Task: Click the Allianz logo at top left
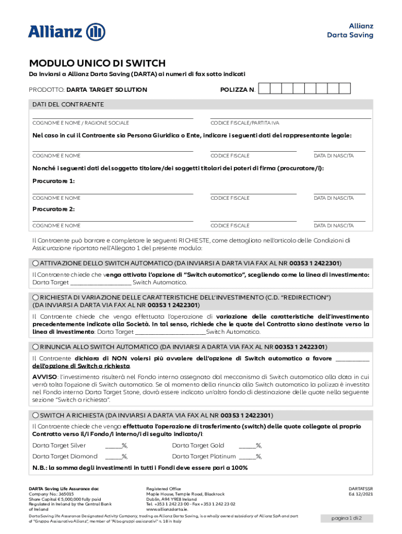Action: tap(66, 31)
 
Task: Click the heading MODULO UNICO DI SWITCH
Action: tap(97, 63)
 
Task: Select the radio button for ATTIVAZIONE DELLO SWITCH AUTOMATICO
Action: tap(36, 263)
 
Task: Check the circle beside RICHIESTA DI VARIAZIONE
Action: tap(36, 297)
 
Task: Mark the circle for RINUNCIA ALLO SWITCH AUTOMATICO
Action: tap(36, 346)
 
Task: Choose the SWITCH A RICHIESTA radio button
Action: tap(36, 415)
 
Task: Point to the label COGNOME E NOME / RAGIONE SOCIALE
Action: tap(80, 123)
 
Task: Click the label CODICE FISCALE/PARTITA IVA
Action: tap(244, 123)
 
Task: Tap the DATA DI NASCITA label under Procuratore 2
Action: tap(333, 226)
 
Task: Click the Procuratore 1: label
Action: tap(54, 180)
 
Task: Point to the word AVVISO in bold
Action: tap(44, 376)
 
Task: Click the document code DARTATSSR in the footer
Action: tap(360, 489)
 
